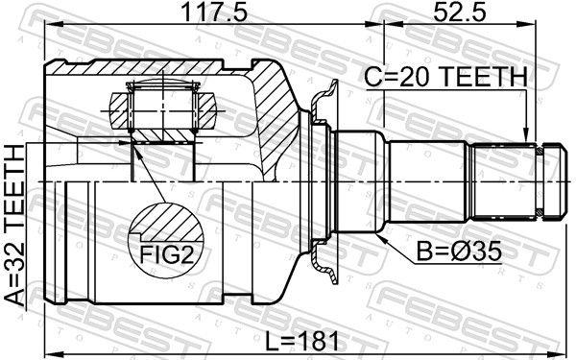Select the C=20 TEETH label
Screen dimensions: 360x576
[x=444, y=78]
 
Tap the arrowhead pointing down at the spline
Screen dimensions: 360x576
[x=525, y=135]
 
